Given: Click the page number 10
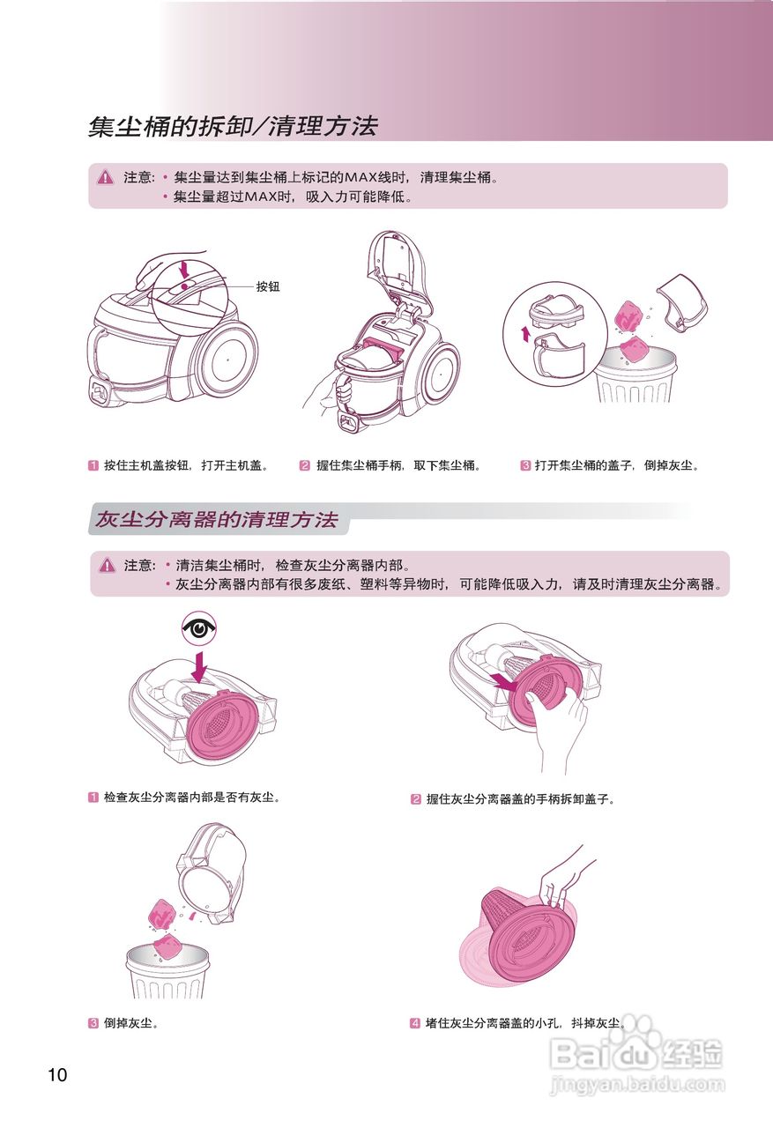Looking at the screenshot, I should [x=57, y=1074].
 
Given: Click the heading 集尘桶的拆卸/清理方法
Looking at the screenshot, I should [x=233, y=127].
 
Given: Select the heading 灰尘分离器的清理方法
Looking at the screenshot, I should [x=217, y=520].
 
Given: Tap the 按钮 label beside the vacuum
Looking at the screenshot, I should [x=268, y=286].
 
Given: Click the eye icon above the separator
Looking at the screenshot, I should [x=200, y=627].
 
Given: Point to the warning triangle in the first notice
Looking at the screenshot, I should [x=106, y=177].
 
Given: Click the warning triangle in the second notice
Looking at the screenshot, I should [x=108, y=565].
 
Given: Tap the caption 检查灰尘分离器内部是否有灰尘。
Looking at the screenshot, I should [x=191, y=797].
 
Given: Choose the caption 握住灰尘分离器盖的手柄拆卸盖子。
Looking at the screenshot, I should [x=520, y=799].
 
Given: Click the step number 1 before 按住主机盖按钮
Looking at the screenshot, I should [x=93, y=465].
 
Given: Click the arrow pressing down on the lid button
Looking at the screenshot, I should [x=183, y=266].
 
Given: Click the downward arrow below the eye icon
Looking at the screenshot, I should [x=201, y=666].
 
